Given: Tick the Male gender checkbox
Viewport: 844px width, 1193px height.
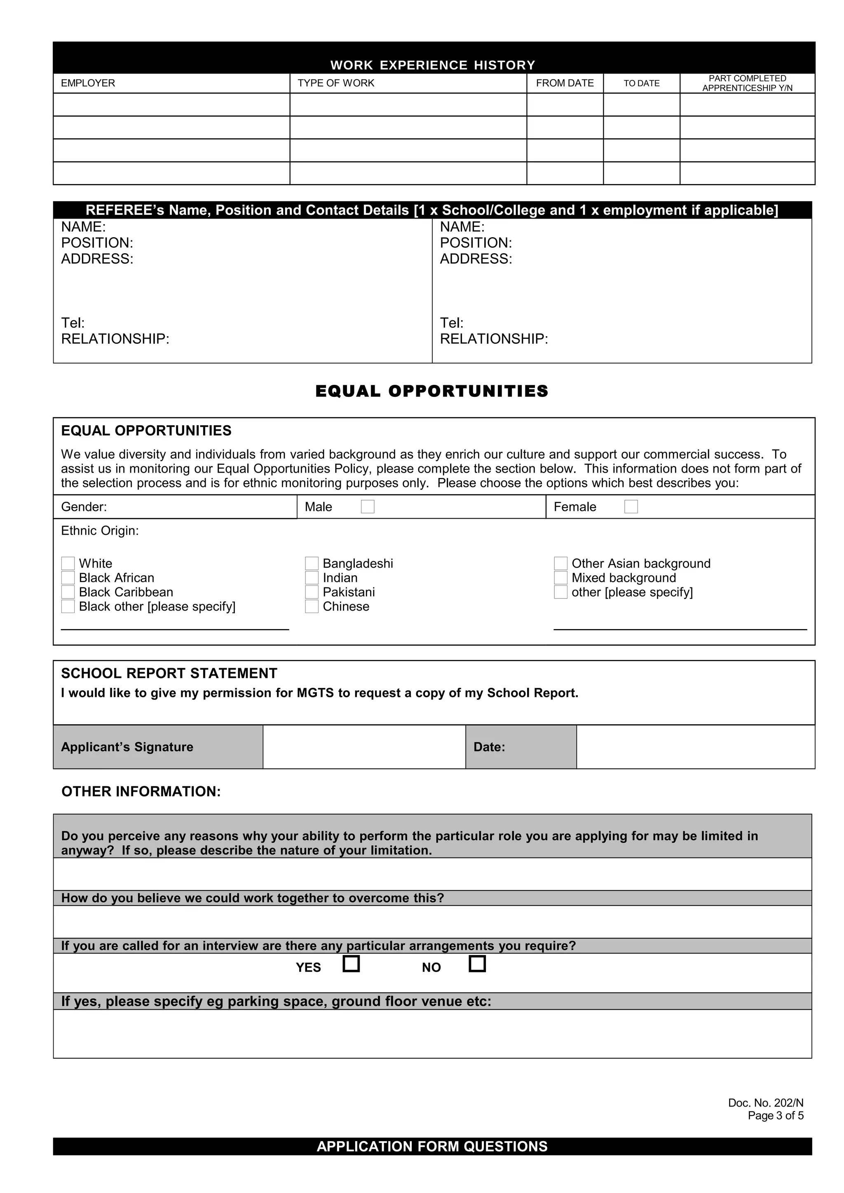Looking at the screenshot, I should coord(368,507).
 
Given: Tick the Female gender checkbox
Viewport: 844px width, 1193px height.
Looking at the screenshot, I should coord(631,507).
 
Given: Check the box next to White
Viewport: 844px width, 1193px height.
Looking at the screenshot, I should coord(68,563).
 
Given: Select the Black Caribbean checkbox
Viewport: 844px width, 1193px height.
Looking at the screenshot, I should coord(68,592).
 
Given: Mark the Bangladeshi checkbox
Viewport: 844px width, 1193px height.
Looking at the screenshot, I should coord(312,563).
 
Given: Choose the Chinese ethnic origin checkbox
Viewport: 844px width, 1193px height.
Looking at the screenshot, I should coord(312,606).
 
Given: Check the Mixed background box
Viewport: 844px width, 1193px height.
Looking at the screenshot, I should coord(560,578).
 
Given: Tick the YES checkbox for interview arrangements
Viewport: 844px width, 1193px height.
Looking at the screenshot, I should coord(352,964).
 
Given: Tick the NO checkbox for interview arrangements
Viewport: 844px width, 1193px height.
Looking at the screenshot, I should coord(477,964).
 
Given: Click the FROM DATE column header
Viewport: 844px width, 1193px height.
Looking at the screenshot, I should coord(565,83).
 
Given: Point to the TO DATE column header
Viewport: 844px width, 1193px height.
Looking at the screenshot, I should coord(642,83).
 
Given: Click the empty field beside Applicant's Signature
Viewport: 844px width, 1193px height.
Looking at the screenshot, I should coord(364,747).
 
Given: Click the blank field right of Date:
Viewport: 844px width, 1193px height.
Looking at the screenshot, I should coord(695,747).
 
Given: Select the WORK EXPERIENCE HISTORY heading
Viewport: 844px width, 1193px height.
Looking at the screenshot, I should coord(433,65).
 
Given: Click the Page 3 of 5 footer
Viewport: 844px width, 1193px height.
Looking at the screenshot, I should coord(775,1115).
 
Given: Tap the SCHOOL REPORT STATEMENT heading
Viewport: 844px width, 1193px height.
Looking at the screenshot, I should coord(169,673).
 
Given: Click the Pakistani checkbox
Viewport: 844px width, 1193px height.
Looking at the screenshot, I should coord(312,592).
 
